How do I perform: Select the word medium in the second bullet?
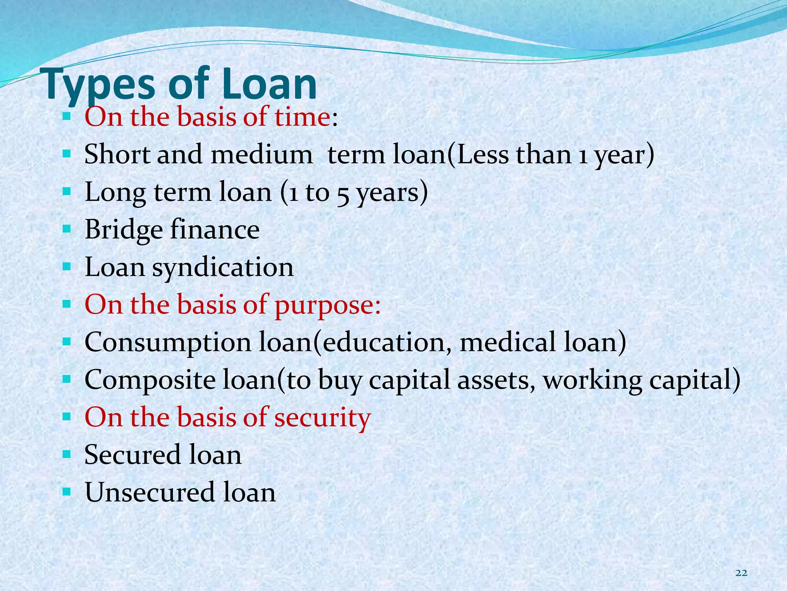click(262, 155)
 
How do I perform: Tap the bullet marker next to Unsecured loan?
click(66, 492)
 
